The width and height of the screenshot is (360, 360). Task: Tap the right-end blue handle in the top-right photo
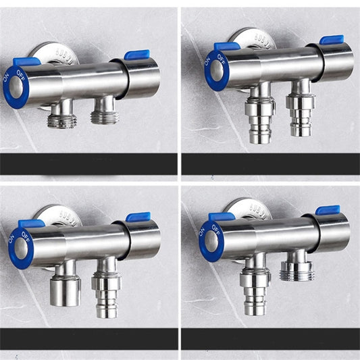coord(332,40)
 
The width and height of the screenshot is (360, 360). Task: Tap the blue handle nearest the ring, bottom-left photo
coord(31,224)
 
